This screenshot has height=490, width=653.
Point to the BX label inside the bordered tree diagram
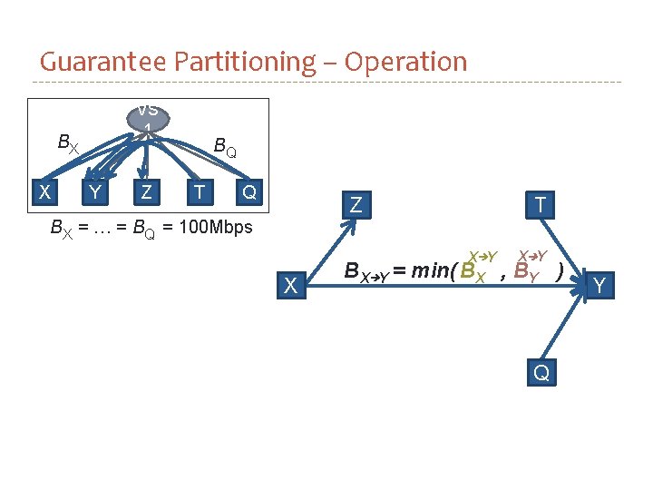tap(68, 142)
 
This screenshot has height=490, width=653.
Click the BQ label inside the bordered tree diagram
tap(224, 146)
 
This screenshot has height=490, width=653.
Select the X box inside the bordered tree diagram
tap(43, 191)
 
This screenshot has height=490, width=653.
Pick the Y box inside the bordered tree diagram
tap(94, 191)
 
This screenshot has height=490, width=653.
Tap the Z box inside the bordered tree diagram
tap(146, 191)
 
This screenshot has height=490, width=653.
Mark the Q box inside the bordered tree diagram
tap(249, 191)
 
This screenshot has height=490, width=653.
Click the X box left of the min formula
tap(289, 285)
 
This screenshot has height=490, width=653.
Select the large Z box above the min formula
tap(356, 205)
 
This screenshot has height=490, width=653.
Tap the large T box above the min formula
tap(541, 205)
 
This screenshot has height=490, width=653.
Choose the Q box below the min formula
tap(541, 372)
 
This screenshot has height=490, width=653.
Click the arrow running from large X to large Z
tap(324, 244)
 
